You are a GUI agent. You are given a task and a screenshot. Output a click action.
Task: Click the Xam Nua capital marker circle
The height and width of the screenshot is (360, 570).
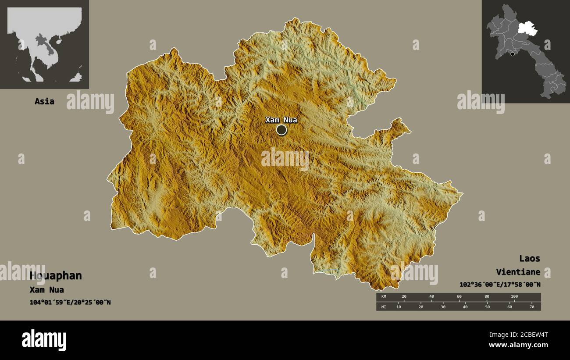pos(281,130)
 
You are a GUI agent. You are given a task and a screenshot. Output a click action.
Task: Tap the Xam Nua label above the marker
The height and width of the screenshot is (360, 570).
pos(281,120)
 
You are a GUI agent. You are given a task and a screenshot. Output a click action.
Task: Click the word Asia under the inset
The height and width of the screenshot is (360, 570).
pos(44,101)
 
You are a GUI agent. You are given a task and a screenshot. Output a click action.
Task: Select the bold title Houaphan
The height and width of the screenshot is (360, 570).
pos(56,275)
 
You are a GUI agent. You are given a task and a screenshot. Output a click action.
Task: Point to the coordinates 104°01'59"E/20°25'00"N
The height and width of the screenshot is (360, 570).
pos(70,302)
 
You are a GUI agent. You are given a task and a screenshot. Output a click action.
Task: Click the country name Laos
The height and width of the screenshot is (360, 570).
pos(530,258)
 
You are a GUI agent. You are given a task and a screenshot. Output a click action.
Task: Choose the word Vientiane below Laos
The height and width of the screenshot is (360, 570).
pos(518,272)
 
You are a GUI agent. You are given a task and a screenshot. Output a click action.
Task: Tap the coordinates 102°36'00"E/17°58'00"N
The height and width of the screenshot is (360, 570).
pos(500,285)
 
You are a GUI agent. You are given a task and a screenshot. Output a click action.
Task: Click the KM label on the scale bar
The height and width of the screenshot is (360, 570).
pos(383,297)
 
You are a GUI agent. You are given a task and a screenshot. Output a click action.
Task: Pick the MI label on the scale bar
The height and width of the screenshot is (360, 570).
pos(383,307)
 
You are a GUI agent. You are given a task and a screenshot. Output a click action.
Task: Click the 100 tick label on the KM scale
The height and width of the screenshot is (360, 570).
pos(514,297)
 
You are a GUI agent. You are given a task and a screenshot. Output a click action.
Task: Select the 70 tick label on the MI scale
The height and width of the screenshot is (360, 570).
pos(532,307)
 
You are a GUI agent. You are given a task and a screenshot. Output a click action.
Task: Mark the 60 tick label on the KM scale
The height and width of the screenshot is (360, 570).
pos(459,297)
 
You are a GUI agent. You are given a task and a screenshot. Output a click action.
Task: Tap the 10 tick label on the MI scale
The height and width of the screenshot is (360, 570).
pos(399,307)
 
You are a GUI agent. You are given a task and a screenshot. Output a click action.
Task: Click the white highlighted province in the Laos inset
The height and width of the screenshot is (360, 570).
pos(527,29)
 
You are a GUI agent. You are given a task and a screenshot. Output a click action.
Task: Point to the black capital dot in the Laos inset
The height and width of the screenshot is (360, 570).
pos(512,54)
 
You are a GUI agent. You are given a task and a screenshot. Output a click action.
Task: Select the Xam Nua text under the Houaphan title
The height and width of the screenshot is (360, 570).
pos(46,290)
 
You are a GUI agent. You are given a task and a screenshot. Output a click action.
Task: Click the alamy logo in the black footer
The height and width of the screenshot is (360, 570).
pos(44,340)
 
